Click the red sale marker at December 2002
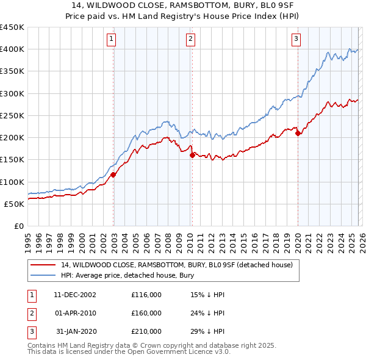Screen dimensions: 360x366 click(113, 175)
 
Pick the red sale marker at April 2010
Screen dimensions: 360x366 click(192, 155)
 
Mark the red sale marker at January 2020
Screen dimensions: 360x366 click(298, 134)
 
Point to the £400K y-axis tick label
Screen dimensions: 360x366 click(12, 49)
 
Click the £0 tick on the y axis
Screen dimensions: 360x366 click(20, 226)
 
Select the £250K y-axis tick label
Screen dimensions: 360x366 click(12, 116)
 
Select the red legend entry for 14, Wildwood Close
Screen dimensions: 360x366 click(177, 265)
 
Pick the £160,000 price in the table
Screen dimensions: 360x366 click(146, 313)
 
